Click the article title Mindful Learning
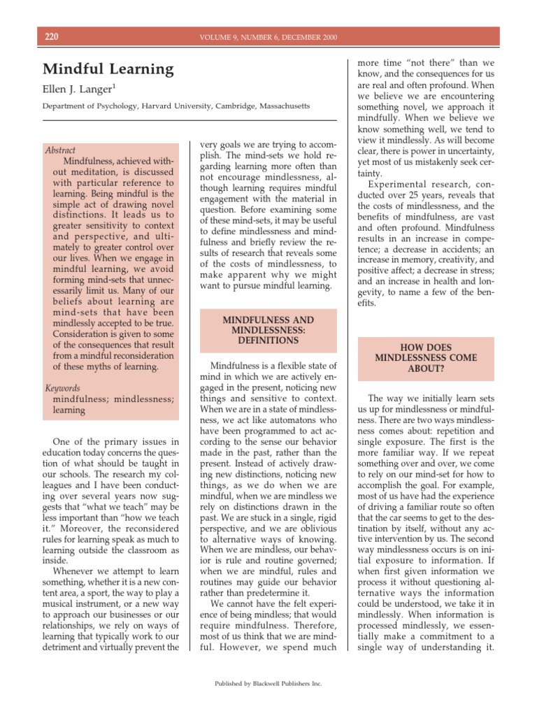(x=108, y=69)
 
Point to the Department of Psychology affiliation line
(x=176, y=106)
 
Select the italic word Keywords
(x=62, y=388)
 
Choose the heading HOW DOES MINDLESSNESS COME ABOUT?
(x=426, y=357)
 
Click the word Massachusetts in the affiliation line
(x=285, y=106)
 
